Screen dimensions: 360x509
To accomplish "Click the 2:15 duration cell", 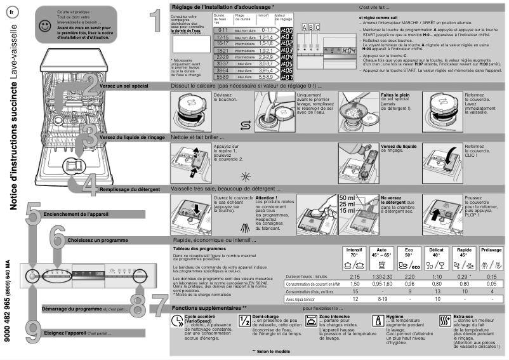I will point(355,277).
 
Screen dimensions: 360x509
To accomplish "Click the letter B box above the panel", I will point(310,28).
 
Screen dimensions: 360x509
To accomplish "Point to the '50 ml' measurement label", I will point(347,197).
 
